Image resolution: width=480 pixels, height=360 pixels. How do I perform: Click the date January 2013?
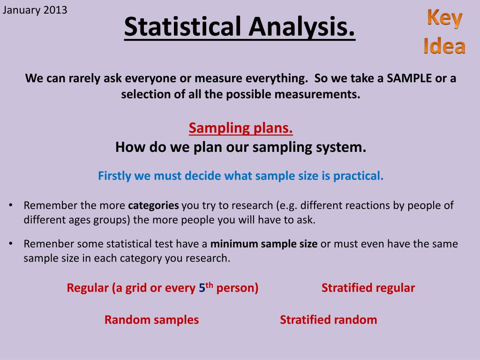click(35, 10)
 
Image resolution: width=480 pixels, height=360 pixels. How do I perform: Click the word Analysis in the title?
click(302, 27)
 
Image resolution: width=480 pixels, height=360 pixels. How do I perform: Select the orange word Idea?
click(444, 46)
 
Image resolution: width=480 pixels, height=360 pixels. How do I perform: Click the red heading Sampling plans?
click(240, 128)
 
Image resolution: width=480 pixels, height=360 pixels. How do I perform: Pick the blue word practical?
click(358, 176)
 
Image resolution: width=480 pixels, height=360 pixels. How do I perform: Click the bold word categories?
click(153, 205)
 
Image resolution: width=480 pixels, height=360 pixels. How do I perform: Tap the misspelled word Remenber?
click(49, 244)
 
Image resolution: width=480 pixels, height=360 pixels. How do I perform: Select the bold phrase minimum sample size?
click(264, 244)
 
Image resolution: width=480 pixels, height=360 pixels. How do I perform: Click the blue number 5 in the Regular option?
click(202, 288)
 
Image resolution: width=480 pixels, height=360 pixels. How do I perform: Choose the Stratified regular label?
click(368, 288)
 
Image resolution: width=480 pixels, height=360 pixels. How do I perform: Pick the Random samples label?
click(151, 320)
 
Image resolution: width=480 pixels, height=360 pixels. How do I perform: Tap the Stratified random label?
click(329, 320)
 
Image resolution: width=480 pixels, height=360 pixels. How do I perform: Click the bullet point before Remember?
click(11, 205)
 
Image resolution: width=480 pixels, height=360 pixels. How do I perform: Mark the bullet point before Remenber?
click(11, 244)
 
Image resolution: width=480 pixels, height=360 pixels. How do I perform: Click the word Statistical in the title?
click(183, 26)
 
